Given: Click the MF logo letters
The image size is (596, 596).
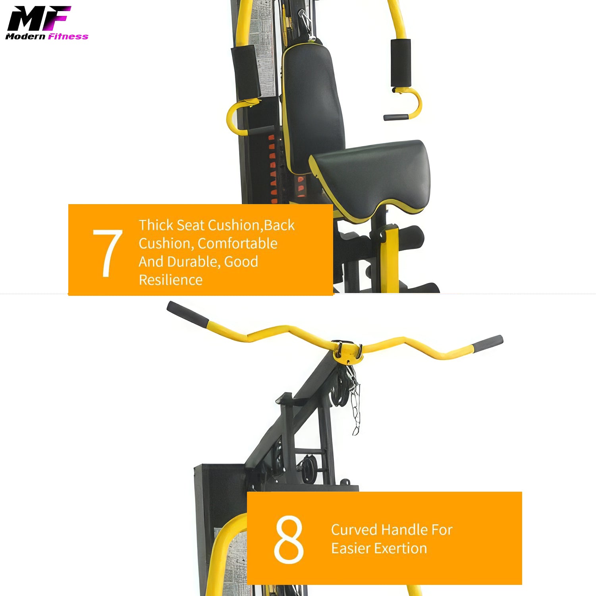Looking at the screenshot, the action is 39,18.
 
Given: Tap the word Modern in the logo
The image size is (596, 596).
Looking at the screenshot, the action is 25,37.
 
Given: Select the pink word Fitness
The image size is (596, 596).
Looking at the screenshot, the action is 68,37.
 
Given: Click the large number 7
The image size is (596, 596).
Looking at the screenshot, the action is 107,253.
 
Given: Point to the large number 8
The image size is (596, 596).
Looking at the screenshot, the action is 289,540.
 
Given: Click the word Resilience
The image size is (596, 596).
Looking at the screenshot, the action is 171,280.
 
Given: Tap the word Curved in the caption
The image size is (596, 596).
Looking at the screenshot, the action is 354,530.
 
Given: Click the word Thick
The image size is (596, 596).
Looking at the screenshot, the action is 156,225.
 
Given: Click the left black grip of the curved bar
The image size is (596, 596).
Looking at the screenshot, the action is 187,314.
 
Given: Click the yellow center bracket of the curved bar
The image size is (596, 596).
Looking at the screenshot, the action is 347,352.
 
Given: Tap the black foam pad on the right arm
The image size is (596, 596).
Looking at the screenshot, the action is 401,63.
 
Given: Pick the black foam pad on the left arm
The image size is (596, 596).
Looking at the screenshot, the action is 246,71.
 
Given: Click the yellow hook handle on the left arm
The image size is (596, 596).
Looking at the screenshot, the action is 238,117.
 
